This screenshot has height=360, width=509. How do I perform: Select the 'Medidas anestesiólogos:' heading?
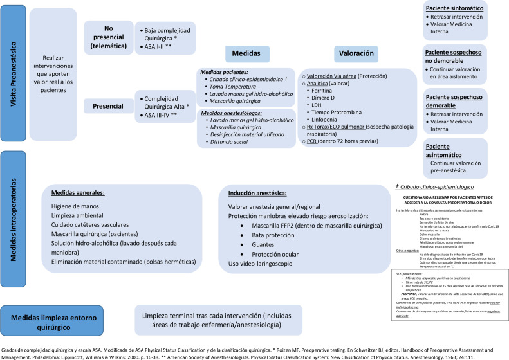(232, 113)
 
